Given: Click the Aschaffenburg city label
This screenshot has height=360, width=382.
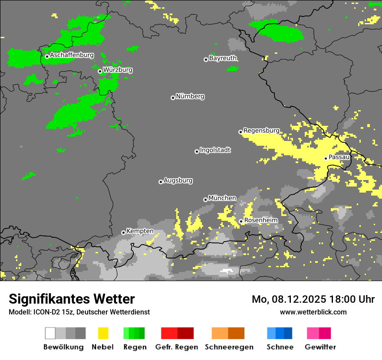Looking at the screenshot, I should coord(72,55).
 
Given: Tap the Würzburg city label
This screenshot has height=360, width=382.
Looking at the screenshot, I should coord(118,70).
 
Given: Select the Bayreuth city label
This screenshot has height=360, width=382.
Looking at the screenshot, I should coord(223,58).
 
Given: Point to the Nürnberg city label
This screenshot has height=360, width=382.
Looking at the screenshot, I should coord(190,96).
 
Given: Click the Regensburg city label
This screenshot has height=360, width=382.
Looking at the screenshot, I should coord(261,131).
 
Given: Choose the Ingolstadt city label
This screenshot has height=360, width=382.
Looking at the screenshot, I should coord(215,150).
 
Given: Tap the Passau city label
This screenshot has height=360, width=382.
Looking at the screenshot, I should coord(339,157).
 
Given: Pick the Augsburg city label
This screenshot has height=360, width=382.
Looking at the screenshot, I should coord(178,180).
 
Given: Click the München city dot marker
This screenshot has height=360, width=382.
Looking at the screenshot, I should coord(205,200).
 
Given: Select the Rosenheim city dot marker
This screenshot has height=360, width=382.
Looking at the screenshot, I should coord(241,222).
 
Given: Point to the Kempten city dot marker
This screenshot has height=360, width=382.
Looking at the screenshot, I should coord(123,232).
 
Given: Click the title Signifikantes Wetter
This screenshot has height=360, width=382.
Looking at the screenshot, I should coord(72,299).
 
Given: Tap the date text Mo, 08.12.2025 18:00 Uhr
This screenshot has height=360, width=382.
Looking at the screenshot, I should coord(313,299).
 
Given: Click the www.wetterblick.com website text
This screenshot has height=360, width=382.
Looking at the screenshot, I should coord(313,312).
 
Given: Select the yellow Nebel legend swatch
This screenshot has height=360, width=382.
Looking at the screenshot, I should coord(103,333).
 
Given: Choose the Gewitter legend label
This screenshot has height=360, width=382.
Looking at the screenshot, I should coord(320,347).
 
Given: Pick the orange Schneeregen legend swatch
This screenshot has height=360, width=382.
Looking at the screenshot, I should coord(228,333).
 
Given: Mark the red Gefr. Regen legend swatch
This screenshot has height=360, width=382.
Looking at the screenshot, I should coord(177,333).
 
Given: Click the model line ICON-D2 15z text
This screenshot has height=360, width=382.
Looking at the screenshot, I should coord(79,312).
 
